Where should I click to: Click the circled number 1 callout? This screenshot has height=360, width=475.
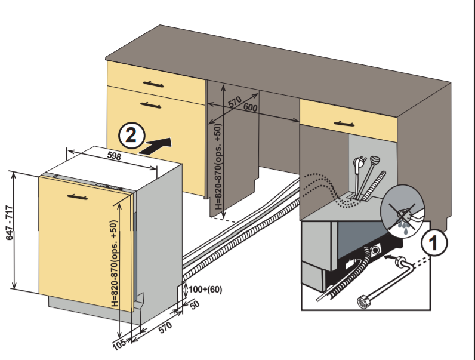click(434, 243)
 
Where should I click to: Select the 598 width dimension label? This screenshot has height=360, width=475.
click(114, 157)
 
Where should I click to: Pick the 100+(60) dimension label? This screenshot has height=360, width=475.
click(205, 290)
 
